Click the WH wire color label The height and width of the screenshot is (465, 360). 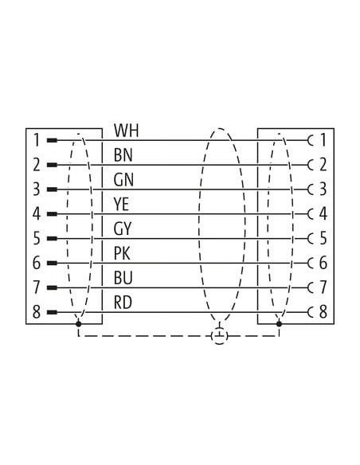pos(127,131)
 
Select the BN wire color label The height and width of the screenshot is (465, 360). pos(123,155)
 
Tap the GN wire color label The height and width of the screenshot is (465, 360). pos(123,180)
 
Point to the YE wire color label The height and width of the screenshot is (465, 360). pos(121,205)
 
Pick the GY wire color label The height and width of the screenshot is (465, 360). pos(122,229)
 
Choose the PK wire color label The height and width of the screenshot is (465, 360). pos(122,254)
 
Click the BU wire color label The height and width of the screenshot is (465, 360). pos(123,279)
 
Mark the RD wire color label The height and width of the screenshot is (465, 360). pos(123,303)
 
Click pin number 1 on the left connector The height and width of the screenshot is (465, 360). pos(37,140)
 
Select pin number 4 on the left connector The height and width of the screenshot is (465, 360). pos(37,214)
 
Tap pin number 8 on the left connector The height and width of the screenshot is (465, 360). pos(37,312)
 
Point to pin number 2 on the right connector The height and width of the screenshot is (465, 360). pos(323,165)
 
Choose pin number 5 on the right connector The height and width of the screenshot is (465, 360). pos(323,238)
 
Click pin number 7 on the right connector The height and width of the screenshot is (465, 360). pos(323,287)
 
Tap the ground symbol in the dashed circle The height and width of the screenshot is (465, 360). pos(220,336)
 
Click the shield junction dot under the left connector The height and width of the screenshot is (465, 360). pos(78,323)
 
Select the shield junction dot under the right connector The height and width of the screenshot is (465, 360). pos(279,323)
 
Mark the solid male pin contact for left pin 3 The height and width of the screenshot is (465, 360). pos(53,190)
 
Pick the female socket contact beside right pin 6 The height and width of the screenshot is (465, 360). pos(310,263)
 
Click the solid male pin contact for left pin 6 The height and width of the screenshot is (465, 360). pos(53,263)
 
